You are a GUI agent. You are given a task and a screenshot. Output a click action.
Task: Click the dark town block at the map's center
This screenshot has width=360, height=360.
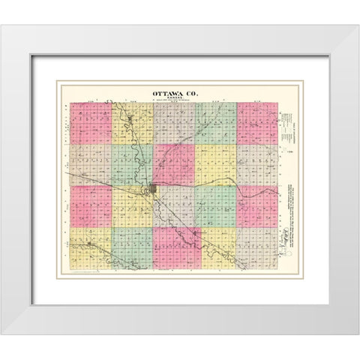tap(154, 190)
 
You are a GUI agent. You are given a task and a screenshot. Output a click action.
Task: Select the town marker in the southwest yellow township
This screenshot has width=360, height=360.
tap(89, 244)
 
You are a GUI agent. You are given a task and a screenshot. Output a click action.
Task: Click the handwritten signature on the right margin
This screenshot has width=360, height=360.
tap(284, 242)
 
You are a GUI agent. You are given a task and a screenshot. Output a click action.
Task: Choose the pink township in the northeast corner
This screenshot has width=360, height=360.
tap(257, 122)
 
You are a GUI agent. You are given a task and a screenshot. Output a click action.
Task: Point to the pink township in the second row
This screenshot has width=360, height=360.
tap(216, 163)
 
